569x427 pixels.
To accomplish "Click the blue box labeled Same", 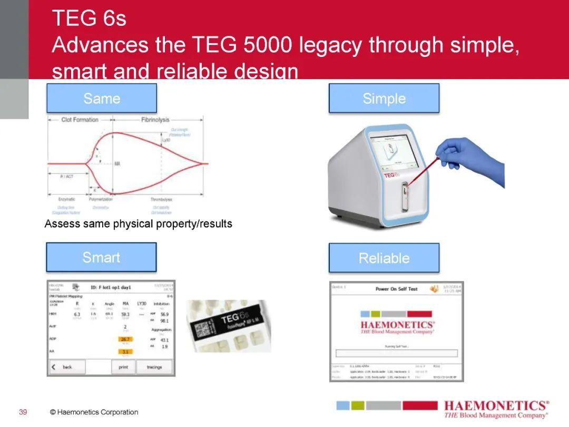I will click(x=101, y=98).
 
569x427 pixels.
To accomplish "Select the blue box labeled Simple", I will click(x=384, y=99).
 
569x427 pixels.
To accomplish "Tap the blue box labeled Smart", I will click(x=101, y=257).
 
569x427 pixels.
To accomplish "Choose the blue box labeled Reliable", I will click(x=384, y=258).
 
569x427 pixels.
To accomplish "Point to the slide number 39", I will click(x=23, y=412).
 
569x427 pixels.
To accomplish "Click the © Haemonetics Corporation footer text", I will click(x=94, y=412).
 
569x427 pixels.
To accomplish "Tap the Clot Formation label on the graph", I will click(x=80, y=120).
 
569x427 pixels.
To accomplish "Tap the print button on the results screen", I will click(x=123, y=367).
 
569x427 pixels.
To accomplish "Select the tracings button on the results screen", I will click(x=154, y=367).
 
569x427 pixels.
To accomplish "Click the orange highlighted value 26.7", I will click(x=125, y=339).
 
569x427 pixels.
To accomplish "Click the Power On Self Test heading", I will click(x=396, y=289).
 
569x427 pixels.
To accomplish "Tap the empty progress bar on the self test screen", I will click(x=396, y=353).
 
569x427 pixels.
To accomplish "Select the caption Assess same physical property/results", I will click(x=138, y=224).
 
